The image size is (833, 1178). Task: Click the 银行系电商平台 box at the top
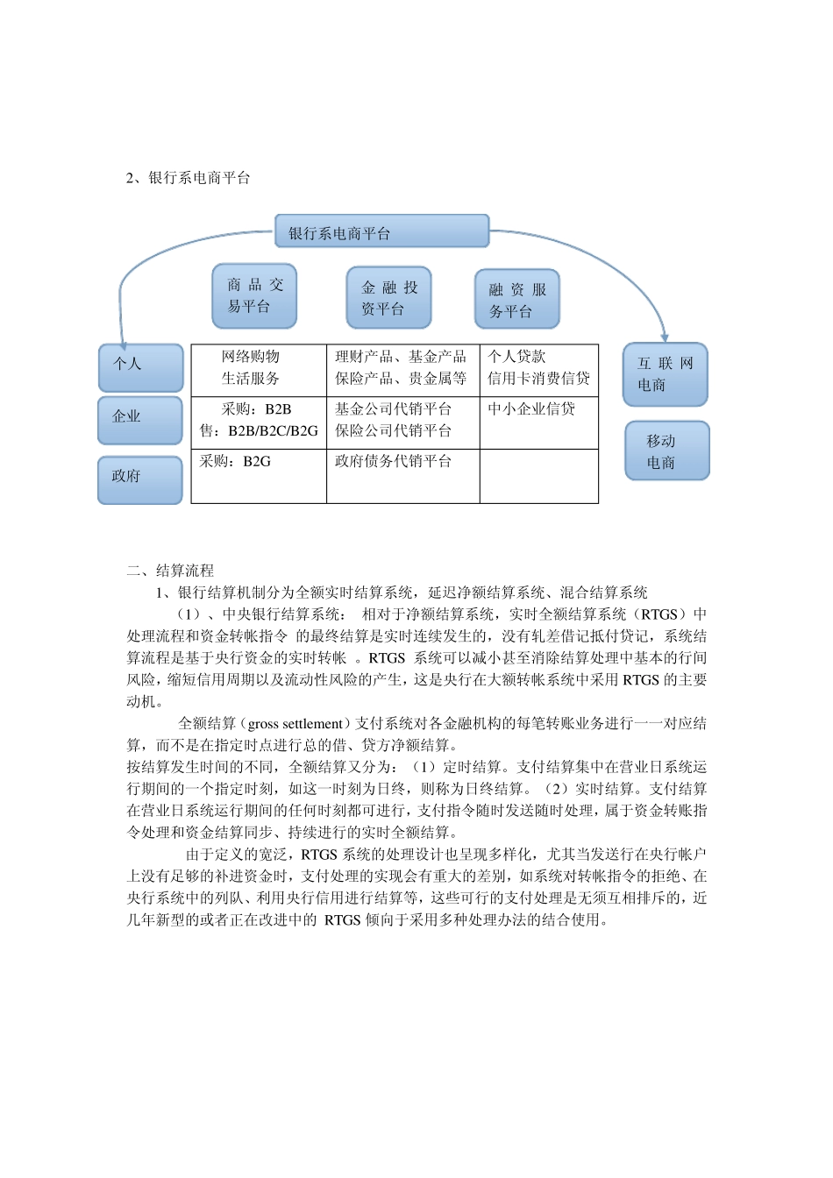[x=381, y=231]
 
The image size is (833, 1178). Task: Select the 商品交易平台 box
[x=254, y=296]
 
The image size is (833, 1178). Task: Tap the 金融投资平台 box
[x=389, y=298]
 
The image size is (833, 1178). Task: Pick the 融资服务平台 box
[x=517, y=300]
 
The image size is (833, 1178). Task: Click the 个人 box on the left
[x=140, y=367]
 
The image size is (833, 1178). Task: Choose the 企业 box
[x=140, y=420]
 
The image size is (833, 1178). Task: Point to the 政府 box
[x=140, y=479]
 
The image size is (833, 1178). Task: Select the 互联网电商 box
[x=665, y=374]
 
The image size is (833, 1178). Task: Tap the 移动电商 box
[x=666, y=451]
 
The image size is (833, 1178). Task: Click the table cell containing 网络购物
[x=259, y=368]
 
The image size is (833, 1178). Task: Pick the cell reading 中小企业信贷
[x=538, y=422]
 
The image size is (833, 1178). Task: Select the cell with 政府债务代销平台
[x=402, y=476]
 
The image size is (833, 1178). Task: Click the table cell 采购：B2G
[x=259, y=476]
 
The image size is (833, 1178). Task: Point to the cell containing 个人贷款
[x=538, y=368]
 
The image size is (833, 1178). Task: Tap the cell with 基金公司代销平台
[x=402, y=422]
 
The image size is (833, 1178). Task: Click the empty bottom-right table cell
[x=538, y=476]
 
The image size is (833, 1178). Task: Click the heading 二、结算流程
[x=170, y=571]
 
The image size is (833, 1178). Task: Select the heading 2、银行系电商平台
[x=189, y=178]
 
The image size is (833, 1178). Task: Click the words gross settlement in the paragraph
[x=295, y=724]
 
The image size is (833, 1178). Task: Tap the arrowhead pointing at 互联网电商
[x=665, y=337]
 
